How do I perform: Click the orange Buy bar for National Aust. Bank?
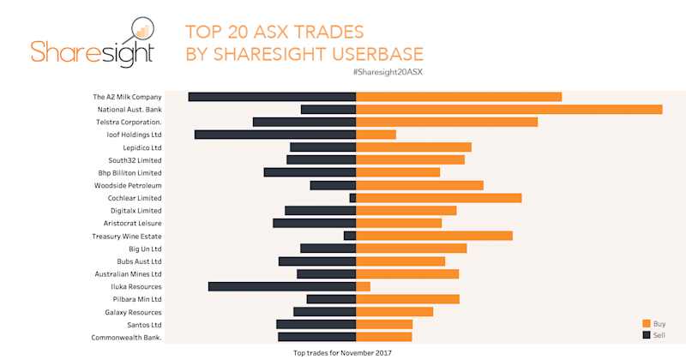508,110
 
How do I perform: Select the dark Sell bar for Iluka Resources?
282,286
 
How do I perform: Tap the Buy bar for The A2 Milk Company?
459,97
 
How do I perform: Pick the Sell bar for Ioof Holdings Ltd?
275,135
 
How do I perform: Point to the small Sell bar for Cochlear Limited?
352,198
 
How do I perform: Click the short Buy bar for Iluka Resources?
363,286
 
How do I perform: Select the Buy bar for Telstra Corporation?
447,122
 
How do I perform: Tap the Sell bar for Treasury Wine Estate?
350,236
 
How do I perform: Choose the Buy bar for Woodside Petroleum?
419,185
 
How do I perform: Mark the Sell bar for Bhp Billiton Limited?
310,172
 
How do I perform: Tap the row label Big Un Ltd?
145,249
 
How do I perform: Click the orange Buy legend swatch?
647,323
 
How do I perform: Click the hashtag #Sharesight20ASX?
388,72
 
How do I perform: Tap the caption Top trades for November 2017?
342,352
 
